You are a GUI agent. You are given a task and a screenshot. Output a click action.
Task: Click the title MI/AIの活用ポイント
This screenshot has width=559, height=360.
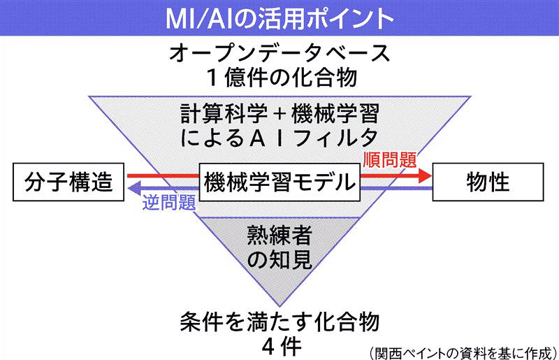[279, 16]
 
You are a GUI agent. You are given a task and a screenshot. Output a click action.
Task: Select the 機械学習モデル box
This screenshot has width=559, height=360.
[278, 182]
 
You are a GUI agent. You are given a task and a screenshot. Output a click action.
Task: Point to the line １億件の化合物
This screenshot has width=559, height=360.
[279, 75]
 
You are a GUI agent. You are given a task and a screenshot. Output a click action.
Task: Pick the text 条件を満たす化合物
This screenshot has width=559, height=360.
[279, 322]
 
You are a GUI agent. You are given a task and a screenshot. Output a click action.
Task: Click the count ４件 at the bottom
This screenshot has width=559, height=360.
[279, 345]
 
